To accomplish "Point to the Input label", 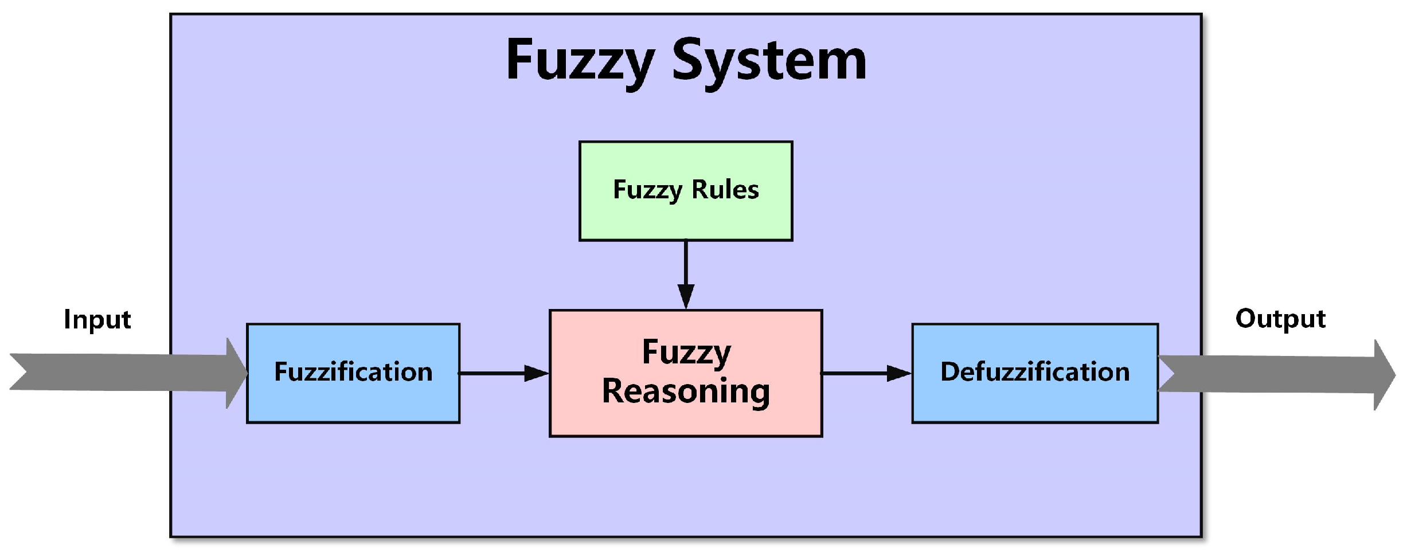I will (x=97, y=319).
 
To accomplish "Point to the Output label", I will (x=1280, y=319).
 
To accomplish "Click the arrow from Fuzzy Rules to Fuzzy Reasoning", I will (x=686, y=269).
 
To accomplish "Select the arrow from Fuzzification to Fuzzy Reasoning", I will (x=499, y=373).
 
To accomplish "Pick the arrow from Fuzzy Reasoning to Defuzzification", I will (x=860, y=373).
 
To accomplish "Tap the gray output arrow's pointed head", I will (x=1384, y=375).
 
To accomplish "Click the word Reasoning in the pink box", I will (x=686, y=392).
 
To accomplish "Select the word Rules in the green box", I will (x=725, y=190).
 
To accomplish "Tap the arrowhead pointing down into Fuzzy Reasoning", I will (x=686, y=296).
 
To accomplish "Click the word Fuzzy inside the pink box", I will (x=686, y=353).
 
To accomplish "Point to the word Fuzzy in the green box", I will (x=647, y=190).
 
